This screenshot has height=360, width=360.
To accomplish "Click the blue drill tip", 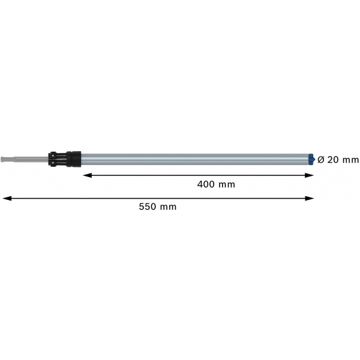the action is click(311, 160).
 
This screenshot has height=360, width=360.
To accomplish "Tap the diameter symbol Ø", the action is click(321, 160).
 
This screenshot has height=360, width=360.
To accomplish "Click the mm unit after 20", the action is click(350, 160).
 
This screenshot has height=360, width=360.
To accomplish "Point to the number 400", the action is click(206, 184).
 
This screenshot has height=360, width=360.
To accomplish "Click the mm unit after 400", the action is click(227, 185).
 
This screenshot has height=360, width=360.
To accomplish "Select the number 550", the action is click(148, 206).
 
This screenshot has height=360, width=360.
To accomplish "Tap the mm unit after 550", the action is click(168, 208).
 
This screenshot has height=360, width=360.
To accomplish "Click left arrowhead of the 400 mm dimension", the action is click(87, 175).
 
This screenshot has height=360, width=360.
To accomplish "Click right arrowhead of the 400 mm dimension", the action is click(309, 175).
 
